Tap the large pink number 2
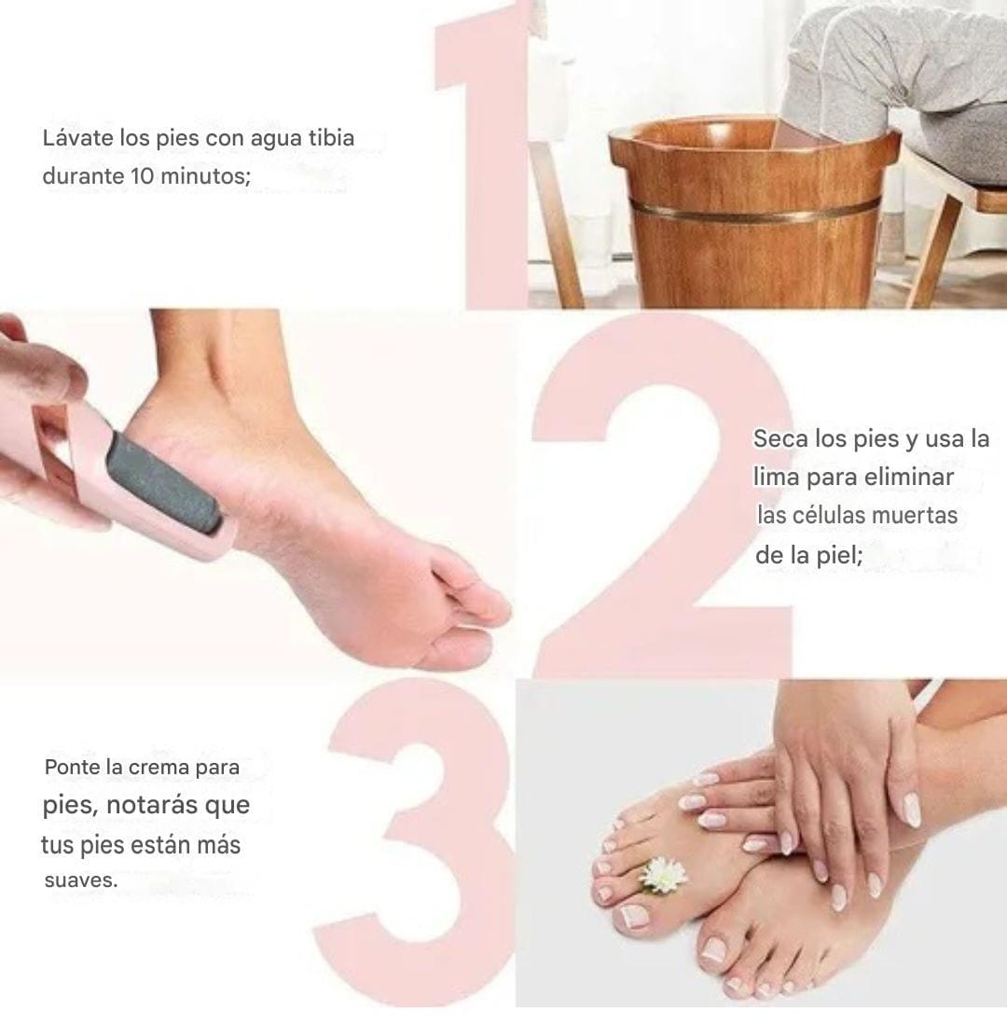[x=661, y=497]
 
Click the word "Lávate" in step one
[x=78, y=138]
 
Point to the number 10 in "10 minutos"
[x=144, y=176]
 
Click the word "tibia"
[x=331, y=138]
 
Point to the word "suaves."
[x=81, y=880]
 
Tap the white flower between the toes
[x=662, y=875]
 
